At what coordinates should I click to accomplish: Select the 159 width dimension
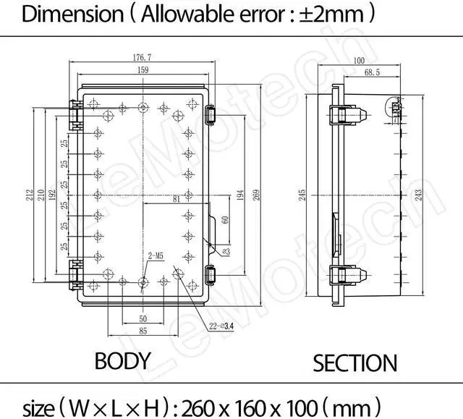tap(143, 71)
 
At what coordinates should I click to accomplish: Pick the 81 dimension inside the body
tap(177, 199)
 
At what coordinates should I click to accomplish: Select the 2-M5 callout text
tap(155, 255)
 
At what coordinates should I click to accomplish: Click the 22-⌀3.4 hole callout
tap(203, 325)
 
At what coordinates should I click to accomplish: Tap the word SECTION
tap(354, 363)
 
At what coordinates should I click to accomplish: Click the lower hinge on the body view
tap(75, 274)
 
